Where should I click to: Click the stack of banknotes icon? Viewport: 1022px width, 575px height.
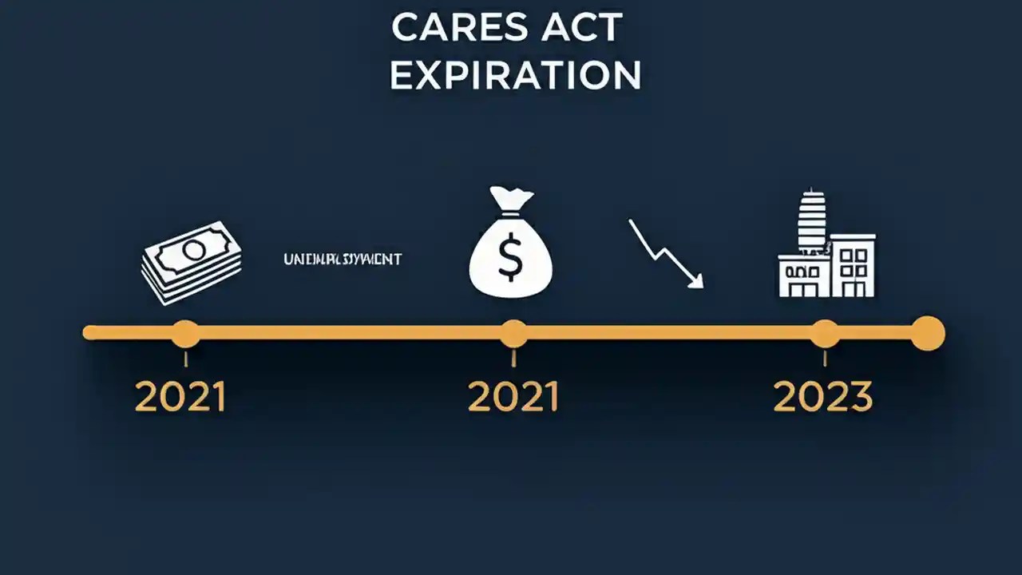192,262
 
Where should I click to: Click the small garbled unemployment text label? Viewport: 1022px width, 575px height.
343,260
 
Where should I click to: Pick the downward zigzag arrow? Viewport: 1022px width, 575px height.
665,253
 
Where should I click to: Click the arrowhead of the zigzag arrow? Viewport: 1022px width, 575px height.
697,280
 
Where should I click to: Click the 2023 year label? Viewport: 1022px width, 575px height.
823,397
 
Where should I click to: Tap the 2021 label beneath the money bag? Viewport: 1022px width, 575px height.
513,397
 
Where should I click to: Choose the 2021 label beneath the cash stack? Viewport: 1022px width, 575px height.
180,397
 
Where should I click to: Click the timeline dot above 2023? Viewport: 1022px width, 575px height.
825,332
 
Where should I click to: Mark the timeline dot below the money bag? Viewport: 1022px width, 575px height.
513,332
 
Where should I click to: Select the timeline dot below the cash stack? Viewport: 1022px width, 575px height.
185,332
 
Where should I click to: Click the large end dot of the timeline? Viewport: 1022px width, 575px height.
927,332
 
